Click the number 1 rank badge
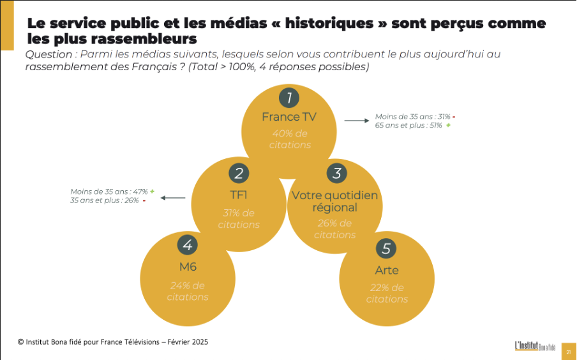pos(289,98)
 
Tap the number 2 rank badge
pos(239,173)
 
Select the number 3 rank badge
pos(337,173)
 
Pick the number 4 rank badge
pos(187,244)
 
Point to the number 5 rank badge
pos(386,248)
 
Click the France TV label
pos(289,117)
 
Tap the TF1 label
pos(239,195)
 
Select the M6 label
pos(188,267)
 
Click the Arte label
pos(387,271)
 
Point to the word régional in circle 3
pos(334,207)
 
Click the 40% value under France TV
pos(282,133)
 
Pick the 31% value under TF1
pos(232,213)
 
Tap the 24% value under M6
pos(179,285)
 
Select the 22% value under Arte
pos(379,288)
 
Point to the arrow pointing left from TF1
pos(173,198)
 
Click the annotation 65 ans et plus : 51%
pos(409,126)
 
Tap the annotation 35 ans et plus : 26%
pos(105,200)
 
